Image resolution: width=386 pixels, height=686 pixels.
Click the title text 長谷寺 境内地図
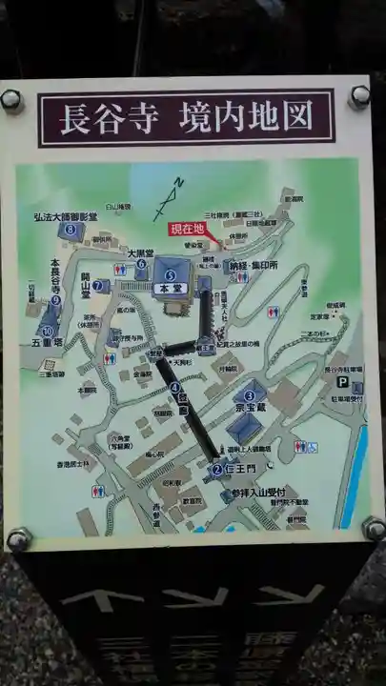(x=186, y=118)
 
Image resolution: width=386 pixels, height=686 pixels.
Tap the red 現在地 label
(x=188, y=229)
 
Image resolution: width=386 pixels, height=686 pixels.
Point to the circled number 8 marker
(x=70, y=229)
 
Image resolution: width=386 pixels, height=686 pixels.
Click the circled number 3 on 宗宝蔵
(x=250, y=394)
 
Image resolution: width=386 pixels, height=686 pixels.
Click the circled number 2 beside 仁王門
(x=216, y=469)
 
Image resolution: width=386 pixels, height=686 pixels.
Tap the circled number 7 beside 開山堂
(x=97, y=285)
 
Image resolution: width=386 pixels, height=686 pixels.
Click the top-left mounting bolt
(x=10, y=99)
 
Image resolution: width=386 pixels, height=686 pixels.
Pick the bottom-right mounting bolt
(x=373, y=528)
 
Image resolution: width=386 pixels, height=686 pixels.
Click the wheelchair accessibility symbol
(x=300, y=445)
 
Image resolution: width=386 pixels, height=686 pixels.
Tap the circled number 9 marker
(x=56, y=300)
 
